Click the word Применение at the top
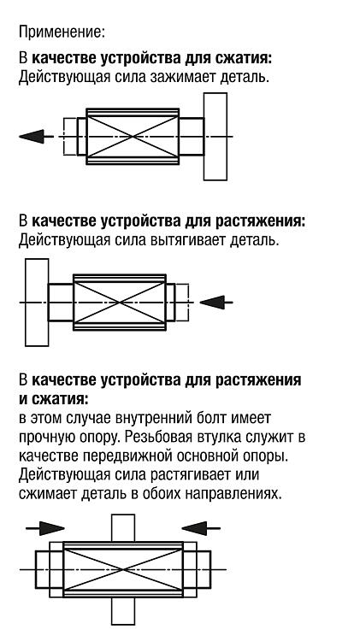pos(62,32)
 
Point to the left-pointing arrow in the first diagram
pos(36,136)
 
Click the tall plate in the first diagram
pos(215,137)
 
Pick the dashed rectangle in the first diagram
pos(70,136)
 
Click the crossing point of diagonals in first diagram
pos(133,136)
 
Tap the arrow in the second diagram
pos(216,303)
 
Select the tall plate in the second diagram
pos(37,302)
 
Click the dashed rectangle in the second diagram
pos(182,302)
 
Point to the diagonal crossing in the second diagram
pos(120,302)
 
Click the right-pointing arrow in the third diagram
pos(45,528)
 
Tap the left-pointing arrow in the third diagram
pos(201,528)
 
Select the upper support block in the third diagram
pos(123,528)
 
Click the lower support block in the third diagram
pos(123,610)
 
